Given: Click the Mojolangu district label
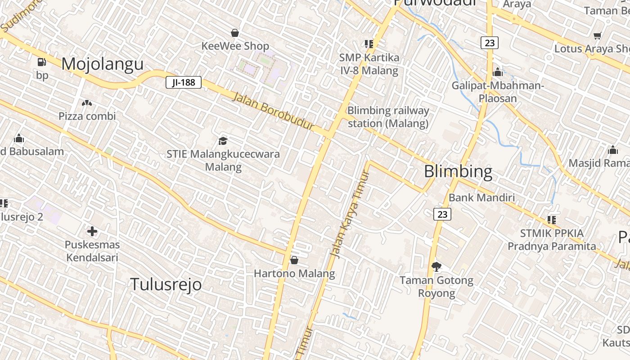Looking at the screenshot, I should [102, 64].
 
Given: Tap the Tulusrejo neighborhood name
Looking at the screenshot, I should [166, 284].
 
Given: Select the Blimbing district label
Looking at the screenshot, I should [458, 171].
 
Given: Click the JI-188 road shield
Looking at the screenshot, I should [183, 82].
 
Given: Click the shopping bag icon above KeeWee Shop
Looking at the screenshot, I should [234, 33].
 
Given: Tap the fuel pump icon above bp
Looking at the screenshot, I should [41, 62].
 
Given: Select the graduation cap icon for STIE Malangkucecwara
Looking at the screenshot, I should [223, 141].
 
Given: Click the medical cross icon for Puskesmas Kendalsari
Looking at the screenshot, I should [92, 232].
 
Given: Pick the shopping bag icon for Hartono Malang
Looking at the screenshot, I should [294, 260].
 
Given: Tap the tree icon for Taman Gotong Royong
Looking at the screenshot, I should [436, 267].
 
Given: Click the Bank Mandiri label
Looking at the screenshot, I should [481, 198].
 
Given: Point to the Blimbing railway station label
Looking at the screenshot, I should [388, 117].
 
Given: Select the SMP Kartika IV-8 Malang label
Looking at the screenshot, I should [369, 64].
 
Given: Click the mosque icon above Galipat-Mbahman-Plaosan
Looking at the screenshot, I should [498, 72].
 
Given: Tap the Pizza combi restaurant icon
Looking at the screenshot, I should [87, 103].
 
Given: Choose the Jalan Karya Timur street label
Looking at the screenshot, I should [350, 215].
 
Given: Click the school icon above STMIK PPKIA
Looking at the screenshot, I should [552, 220].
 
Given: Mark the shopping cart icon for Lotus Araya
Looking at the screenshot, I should [597, 36].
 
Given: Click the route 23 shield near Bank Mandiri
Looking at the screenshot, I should [442, 214].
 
